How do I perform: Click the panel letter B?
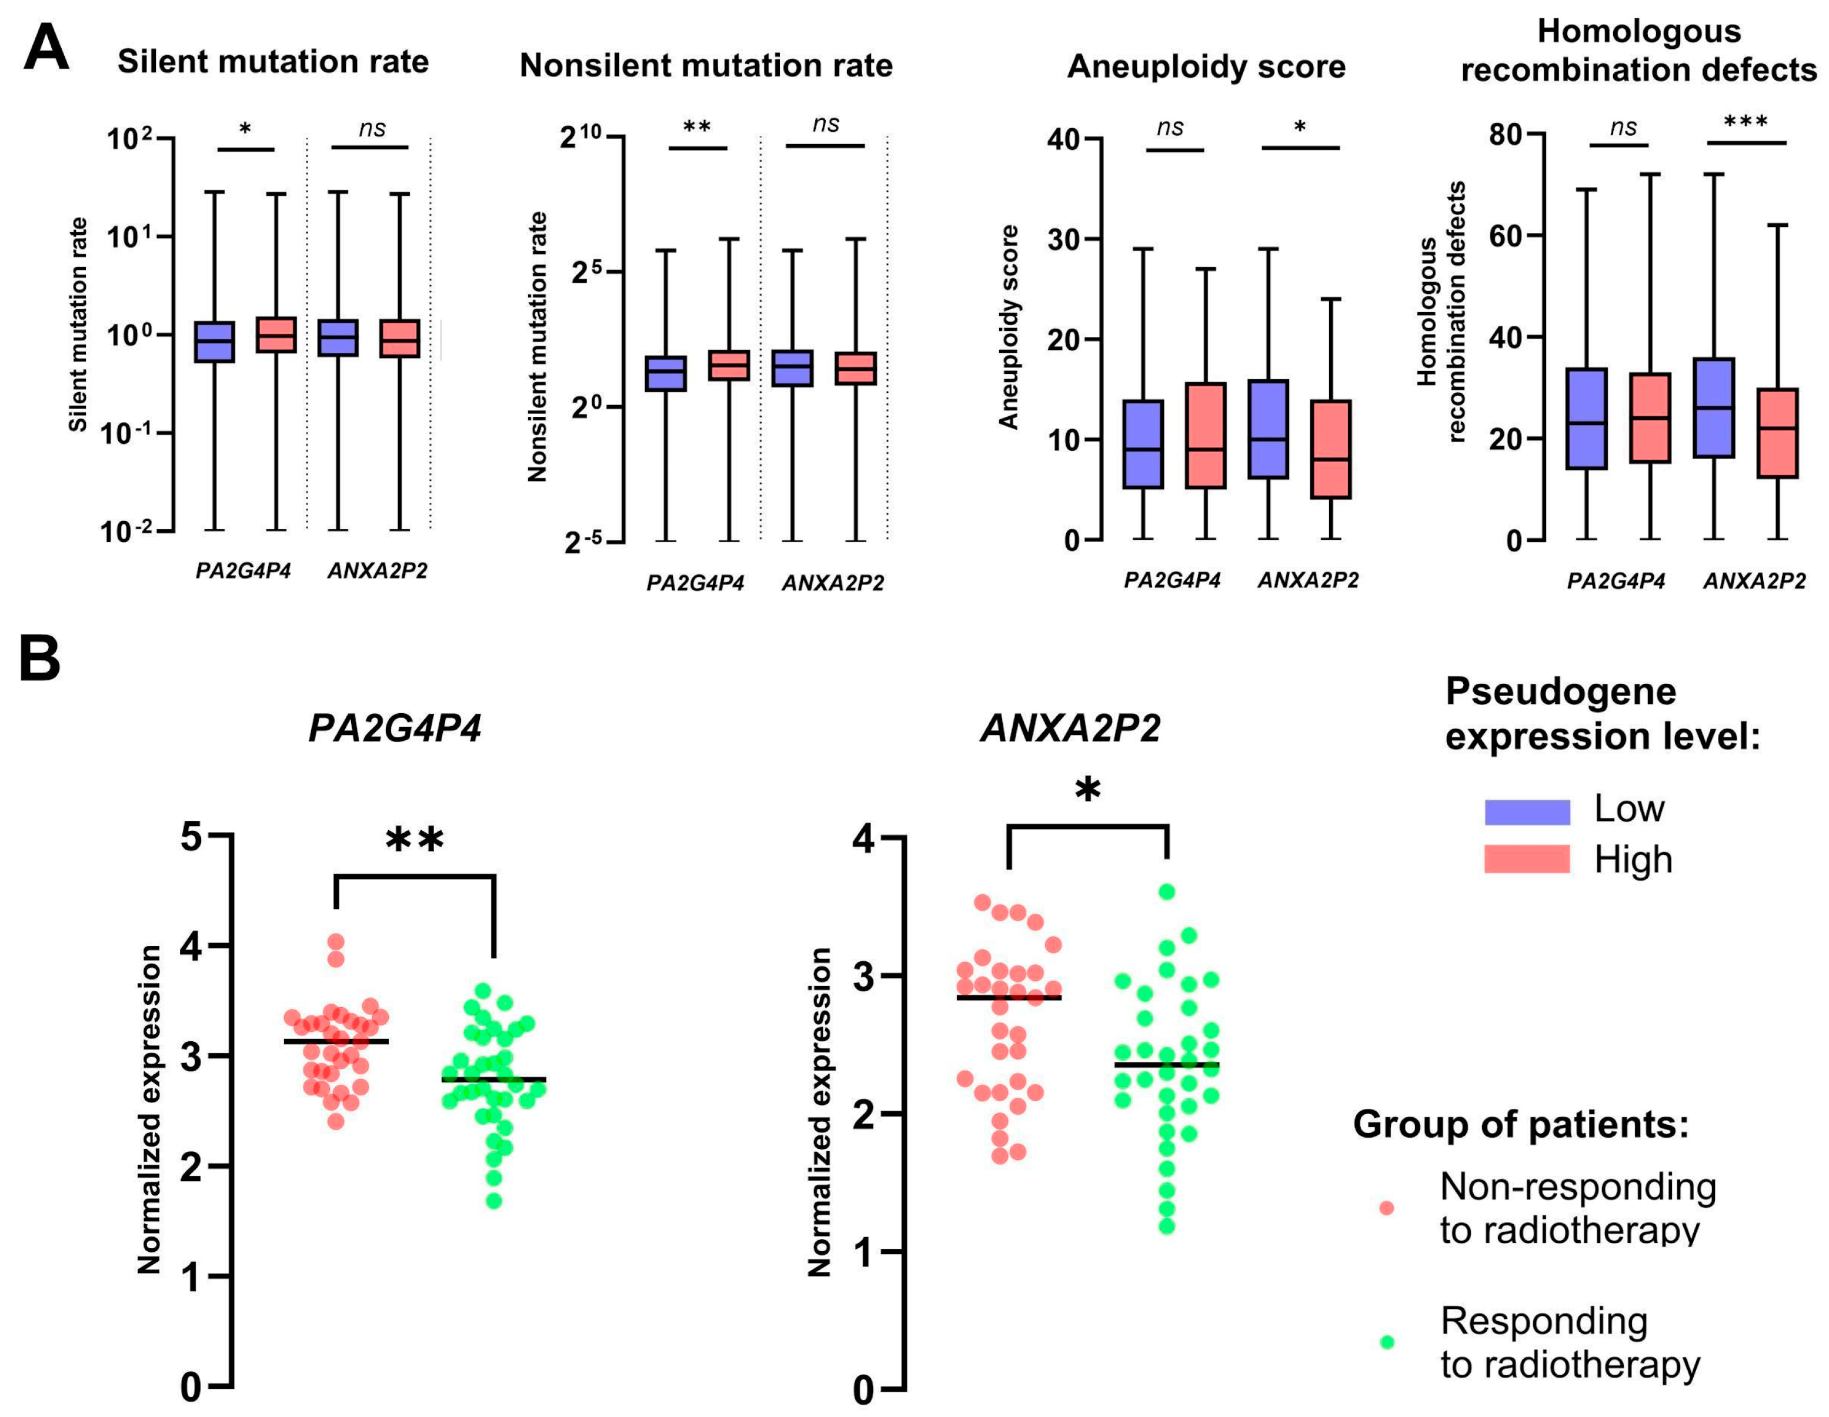coord(39,659)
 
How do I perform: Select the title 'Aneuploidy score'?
coord(1206,66)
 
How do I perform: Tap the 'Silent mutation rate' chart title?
coord(273,61)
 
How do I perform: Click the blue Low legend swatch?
coord(1527,811)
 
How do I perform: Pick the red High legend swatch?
coord(1527,859)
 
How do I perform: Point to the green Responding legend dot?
coord(1387,1342)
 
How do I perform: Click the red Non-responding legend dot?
coord(1387,1208)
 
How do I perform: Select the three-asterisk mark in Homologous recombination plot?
coord(1746,122)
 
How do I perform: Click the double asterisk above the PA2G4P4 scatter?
coord(415,840)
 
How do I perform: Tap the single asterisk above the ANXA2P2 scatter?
coord(1088,790)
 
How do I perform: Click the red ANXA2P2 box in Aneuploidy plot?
coord(1331,449)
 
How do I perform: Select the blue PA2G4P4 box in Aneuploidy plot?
coord(1143,444)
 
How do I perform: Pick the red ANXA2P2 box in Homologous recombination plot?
coord(1777,432)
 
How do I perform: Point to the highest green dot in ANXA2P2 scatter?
coord(1167,892)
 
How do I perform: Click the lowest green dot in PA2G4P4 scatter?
coord(494,1201)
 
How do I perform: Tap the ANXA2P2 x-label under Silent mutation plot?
coord(377,571)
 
